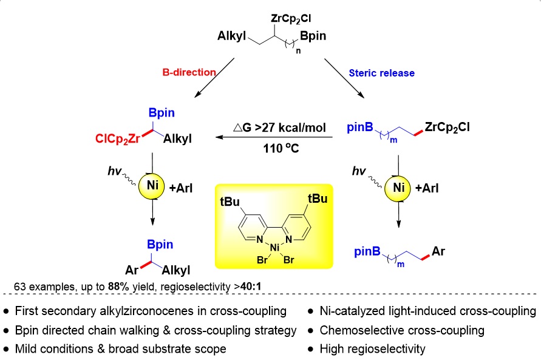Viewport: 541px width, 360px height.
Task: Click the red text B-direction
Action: coord(189,72)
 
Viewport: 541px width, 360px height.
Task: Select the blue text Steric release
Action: coord(382,73)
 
